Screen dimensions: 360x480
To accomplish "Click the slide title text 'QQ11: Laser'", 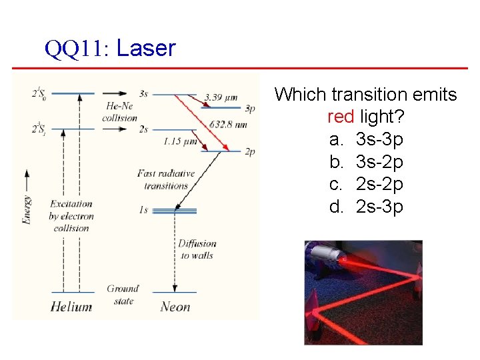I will point(110,48).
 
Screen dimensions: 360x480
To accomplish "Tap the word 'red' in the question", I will point(340,117).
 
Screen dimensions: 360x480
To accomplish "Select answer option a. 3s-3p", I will point(366,139).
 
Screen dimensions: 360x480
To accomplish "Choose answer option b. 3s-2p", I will point(366,162).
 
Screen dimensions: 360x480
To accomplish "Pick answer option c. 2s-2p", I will point(366,184).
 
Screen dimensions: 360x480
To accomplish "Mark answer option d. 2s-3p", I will point(366,207).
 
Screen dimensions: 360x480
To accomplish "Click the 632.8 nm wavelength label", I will point(228,125).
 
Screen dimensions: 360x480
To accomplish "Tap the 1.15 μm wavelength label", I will point(180,141).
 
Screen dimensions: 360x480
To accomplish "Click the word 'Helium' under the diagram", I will point(71,307).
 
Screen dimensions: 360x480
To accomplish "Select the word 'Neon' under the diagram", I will point(175,307).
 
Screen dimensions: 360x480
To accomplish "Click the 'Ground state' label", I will point(123,295).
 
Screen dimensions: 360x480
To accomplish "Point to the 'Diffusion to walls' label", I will point(197,249).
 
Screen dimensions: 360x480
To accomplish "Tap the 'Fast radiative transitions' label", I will point(166,179).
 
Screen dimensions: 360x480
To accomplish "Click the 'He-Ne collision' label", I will point(119,112).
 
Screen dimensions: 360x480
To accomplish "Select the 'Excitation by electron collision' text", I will point(71,215).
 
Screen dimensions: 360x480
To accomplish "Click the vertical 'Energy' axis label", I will point(27,200).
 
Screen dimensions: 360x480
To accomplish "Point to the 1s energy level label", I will point(143,210).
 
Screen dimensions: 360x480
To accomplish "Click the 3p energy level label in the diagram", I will point(250,107).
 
